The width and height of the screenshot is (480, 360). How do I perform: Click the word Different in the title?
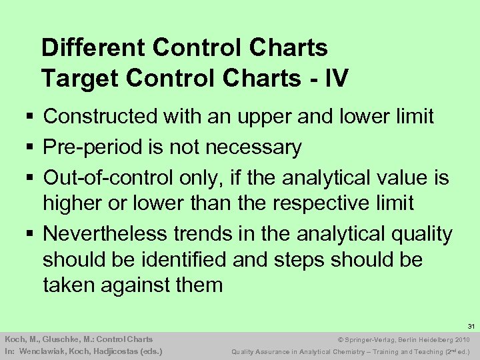pyautogui.click(x=94, y=48)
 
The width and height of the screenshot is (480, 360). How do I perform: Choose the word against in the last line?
pyautogui.click(x=139, y=285)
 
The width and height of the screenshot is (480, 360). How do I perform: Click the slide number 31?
pyautogui.click(x=470, y=326)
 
